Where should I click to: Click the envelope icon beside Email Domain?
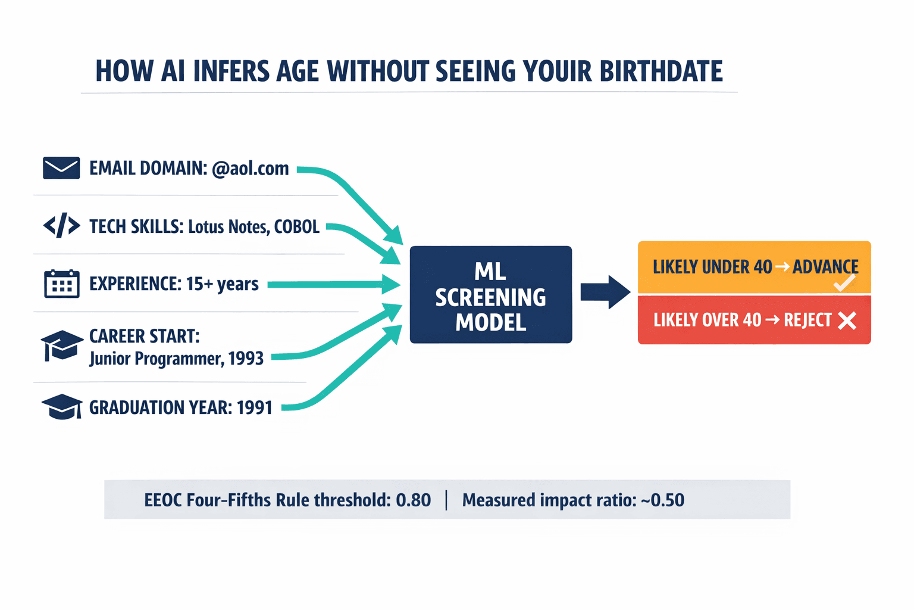point(61,168)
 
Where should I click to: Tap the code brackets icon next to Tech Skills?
point(61,226)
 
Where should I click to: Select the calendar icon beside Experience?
point(62,284)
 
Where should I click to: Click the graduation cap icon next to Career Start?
point(62,346)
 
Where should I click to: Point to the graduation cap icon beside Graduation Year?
point(62,407)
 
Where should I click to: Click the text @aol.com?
point(250,169)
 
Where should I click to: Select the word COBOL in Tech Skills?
point(296,227)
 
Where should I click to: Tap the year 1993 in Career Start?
point(246,359)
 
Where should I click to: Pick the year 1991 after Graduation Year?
point(255,407)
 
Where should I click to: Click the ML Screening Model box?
point(490,295)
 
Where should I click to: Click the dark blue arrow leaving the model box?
point(605,292)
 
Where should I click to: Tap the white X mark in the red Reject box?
point(847,321)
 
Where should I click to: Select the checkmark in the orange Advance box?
point(844,283)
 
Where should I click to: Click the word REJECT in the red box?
point(807,320)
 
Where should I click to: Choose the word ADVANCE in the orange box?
point(825,267)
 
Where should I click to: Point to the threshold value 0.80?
point(414,500)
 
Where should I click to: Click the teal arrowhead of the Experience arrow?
point(391,285)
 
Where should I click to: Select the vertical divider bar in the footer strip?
point(446,500)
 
